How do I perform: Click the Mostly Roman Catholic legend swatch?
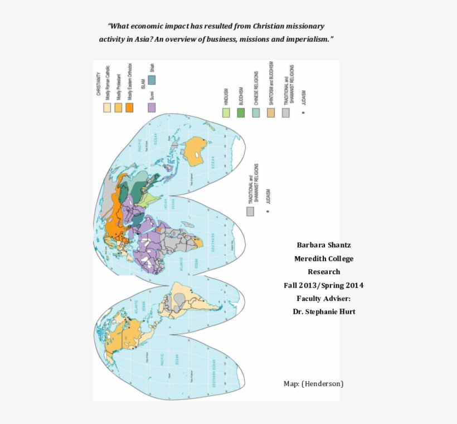[107, 108]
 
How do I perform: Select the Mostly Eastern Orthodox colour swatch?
[129, 108]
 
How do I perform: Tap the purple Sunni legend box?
[152, 108]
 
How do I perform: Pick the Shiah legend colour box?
[152, 80]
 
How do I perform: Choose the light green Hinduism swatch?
[226, 113]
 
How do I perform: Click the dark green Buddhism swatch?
[241, 113]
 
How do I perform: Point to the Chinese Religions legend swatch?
[256, 113]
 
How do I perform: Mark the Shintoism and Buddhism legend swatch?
[271, 113]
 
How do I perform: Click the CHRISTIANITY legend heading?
[99, 84]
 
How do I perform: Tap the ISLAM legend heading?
[143, 84]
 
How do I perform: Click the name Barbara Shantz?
[324, 245]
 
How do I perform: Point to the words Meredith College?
[324, 259]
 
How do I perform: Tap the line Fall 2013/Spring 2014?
[324, 285]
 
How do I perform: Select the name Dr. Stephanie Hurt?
[324, 312]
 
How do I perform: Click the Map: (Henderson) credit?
[313, 384]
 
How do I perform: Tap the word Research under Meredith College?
[324, 272]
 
